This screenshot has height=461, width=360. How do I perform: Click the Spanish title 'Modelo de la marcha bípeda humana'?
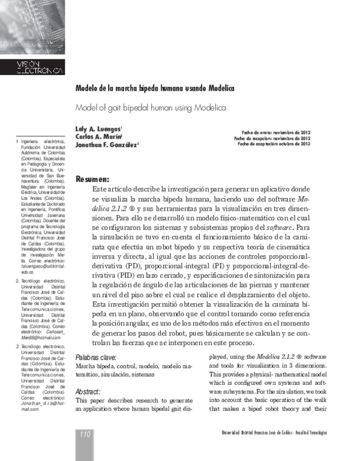point(154,88)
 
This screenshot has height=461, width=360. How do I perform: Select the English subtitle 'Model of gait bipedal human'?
point(150,107)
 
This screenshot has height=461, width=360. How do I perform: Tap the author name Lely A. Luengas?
point(98,128)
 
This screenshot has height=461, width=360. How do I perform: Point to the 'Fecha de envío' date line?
point(275,132)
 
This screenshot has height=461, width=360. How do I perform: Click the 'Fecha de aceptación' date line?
point(274,144)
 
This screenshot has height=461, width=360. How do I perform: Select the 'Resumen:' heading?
point(92,179)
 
